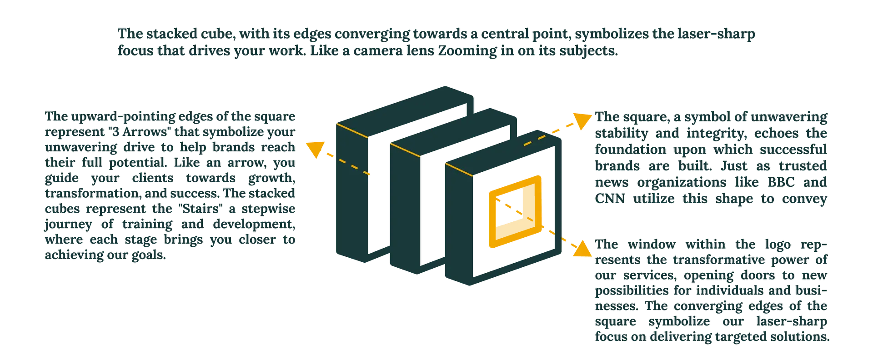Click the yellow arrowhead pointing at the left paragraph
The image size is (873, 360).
(313, 149)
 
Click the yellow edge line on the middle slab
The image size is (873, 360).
(405, 150)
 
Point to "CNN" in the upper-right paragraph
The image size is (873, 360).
(607, 200)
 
